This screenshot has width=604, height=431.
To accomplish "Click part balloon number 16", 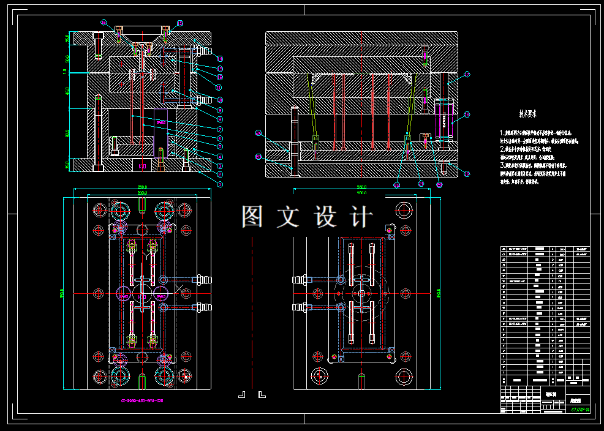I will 104,23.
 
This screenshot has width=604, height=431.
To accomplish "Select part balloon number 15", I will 180,23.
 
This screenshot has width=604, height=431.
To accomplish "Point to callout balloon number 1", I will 219,184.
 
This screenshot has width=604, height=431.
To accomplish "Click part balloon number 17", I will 467,75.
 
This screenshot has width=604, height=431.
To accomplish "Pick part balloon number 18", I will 467,114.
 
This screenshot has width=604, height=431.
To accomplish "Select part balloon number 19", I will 467,174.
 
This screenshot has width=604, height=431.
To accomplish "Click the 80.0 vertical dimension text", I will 68,133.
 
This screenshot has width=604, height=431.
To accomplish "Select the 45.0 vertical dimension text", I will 68,91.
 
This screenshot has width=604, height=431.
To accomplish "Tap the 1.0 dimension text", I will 66,72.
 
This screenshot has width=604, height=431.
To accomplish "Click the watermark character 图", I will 253,217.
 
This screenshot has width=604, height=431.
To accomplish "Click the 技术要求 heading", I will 528,114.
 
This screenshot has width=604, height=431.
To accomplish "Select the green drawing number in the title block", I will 580,410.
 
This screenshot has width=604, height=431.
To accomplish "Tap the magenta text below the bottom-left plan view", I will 142,401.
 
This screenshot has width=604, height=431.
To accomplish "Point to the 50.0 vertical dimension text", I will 68,59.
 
